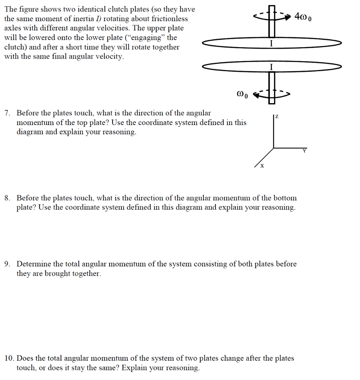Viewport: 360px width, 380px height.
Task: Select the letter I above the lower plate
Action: coord(272,67)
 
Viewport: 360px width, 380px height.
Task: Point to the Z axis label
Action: coord(276,117)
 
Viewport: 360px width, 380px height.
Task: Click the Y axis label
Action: coord(304,151)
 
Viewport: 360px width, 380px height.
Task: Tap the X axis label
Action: coord(262,166)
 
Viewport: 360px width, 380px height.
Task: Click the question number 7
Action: coord(7,113)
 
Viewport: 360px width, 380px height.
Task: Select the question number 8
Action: coord(7,198)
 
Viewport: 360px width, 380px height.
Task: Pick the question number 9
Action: coord(7,264)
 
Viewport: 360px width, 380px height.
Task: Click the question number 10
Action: coord(9,358)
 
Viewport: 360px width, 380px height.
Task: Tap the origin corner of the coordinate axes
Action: coord(274,148)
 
